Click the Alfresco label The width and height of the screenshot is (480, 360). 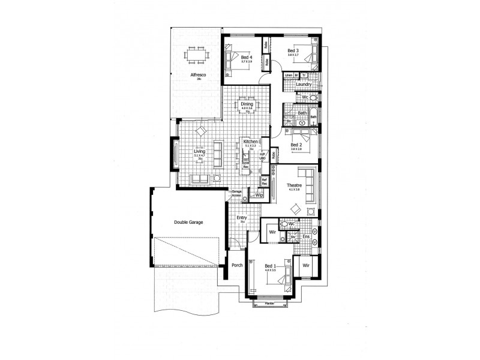(x=198, y=74)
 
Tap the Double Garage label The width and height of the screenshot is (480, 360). (x=188, y=222)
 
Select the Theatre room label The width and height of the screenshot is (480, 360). (x=294, y=185)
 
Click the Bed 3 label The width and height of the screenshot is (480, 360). (x=293, y=50)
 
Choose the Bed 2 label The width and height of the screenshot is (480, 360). (x=295, y=145)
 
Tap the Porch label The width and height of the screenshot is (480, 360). (x=236, y=265)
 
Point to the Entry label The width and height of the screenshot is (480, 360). (x=242, y=218)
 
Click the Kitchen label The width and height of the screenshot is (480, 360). (x=250, y=142)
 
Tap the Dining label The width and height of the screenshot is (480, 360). (x=247, y=104)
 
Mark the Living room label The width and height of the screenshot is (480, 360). (x=199, y=152)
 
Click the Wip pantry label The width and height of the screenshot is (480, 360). (x=260, y=195)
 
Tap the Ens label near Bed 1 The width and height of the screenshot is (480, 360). (x=305, y=236)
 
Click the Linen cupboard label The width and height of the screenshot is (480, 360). (x=289, y=75)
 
